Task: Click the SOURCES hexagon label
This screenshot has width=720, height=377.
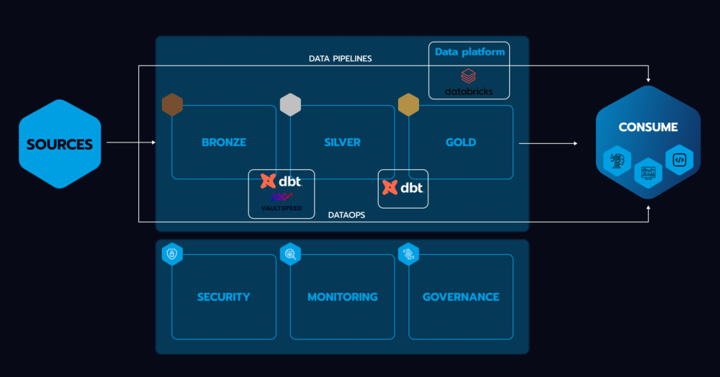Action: (x=60, y=145)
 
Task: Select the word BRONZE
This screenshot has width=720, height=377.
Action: (x=224, y=142)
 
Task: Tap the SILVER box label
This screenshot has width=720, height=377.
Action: (x=342, y=142)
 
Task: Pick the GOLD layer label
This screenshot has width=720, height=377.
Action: (x=461, y=142)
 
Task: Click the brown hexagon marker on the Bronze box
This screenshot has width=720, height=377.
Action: (x=172, y=105)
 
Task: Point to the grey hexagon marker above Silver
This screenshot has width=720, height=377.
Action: (x=290, y=105)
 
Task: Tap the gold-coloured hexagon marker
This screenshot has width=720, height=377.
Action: (x=408, y=105)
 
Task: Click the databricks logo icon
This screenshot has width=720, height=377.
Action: (x=469, y=76)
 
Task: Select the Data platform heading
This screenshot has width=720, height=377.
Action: (x=469, y=52)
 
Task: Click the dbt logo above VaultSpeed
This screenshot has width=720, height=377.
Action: (x=282, y=182)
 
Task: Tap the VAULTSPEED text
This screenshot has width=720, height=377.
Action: (x=282, y=209)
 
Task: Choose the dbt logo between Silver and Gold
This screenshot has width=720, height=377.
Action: (x=402, y=188)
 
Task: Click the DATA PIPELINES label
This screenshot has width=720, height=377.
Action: (x=340, y=59)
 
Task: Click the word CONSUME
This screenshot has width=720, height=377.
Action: (x=648, y=127)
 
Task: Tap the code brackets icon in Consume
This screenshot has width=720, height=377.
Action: (x=678, y=160)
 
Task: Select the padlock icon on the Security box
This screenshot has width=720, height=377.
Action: (x=172, y=253)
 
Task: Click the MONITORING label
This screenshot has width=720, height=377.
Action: (x=342, y=297)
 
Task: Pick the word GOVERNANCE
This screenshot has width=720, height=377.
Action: (x=461, y=297)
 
